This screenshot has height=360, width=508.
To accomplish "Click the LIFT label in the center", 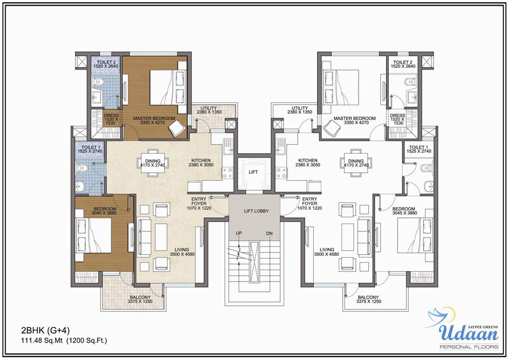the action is pyautogui.click(x=253, y=172).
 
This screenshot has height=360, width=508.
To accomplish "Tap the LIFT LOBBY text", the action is pyautogui.click(x=256, y=211).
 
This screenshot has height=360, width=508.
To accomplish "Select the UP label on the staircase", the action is pyautogui.click(x=239, y=233).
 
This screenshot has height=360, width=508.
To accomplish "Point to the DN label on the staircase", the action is pyautogui.click(x=269, y=233).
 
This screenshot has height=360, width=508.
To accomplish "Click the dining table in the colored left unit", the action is pyautogui.click(x=153, y=163).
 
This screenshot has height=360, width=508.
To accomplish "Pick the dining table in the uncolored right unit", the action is pyautogui.click(x=356, y=163).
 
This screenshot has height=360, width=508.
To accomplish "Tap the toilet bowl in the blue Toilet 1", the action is pyautogui.click(x=82, y=168).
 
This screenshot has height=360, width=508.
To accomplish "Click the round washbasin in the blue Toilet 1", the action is pyautogui.click(x=80, y=186).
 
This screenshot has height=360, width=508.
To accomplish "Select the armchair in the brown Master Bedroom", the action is pyautogui.click(x=176, y=128).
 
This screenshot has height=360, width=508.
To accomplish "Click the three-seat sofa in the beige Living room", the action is pyautogui.click(x=144, y=237).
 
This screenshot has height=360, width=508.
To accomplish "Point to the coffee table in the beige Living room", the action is pyautogui.click(x=161, y=237).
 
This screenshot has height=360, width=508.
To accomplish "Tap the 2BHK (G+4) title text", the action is pyautogui.click(x=45, y=331).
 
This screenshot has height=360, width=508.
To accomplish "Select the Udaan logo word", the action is pyautogui.click(x=468, y=332).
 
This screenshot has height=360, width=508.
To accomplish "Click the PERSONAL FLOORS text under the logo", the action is pyautogui.click(x=469, y=347).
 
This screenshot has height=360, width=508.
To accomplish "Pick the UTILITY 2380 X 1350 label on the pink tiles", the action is pyautogui.click(x=209, y=110).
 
